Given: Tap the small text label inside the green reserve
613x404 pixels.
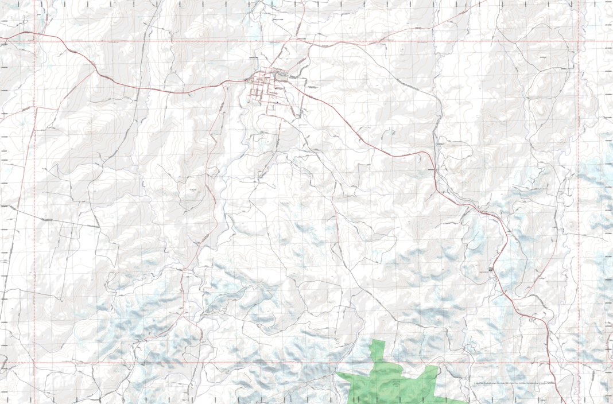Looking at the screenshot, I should click(395, 383).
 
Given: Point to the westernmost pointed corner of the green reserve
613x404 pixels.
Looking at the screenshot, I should click(337, 374).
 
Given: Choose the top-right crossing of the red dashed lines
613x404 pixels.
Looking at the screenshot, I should click(578, 41).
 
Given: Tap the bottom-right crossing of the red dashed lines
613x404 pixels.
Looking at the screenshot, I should click(578, 363).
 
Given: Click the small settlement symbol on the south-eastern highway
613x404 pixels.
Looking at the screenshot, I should click(491, 269).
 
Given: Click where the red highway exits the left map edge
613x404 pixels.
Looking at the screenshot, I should click(1, 38).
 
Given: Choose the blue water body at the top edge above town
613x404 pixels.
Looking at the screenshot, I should click(271, 3).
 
